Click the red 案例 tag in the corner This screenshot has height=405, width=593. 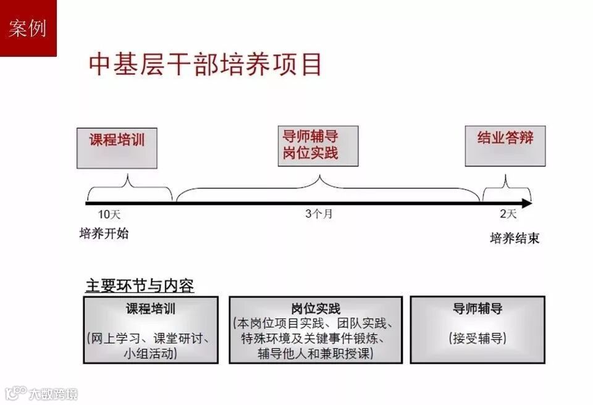pos(28,28)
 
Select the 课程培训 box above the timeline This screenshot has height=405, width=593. pos(117,148)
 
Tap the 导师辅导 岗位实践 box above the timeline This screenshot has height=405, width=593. pos(318,146)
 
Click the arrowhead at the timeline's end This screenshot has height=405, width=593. pos(526,203)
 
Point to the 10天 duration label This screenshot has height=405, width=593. pos(108,215)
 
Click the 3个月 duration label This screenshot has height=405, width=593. pos(319,214)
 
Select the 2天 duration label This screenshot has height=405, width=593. pos(508,214)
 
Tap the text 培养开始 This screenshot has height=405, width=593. pos(104,233)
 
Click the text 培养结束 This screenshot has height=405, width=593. pos(515,238)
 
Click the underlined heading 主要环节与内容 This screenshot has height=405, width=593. pos(140,286)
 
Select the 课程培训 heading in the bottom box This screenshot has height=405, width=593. pos(151,308)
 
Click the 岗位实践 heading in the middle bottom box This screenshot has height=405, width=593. pos(316,309)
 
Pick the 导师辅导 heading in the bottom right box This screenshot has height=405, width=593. pos(477,309)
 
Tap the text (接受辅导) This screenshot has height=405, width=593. pos(477,338)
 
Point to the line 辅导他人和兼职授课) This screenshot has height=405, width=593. pos(316,354)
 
